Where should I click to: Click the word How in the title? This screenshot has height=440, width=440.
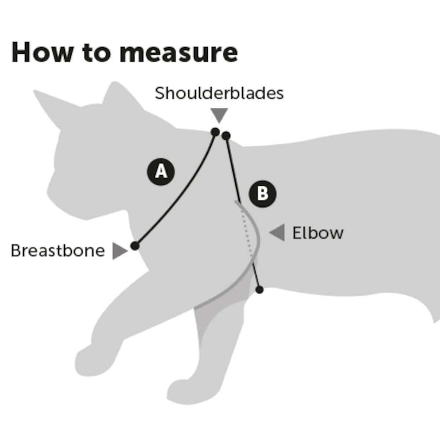click(x=42, y=52)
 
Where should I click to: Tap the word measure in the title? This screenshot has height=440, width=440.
click(x=179, y=53)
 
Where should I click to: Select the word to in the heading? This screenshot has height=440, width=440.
click(x=96, y=53)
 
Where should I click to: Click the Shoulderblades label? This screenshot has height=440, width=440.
click(x=219, y=93)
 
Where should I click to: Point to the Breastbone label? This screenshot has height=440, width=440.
click(x=58, y=250)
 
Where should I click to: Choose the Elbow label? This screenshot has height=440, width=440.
click(x=318, y=233)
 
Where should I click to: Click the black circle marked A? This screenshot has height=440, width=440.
click(x=161, y=172)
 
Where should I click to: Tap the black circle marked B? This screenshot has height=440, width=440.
click(x=263, y=194)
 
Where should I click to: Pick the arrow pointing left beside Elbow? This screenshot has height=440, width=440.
click(x=277, y=232)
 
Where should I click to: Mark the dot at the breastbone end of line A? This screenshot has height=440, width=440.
click(x=135, y=246)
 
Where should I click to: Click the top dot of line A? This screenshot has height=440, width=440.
click(x=215, y=132)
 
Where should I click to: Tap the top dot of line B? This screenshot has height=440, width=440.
click(x=226, y=136)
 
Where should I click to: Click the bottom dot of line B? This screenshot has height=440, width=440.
click(x=260, y=290)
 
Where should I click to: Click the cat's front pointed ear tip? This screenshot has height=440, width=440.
click(x=34, y=91)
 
